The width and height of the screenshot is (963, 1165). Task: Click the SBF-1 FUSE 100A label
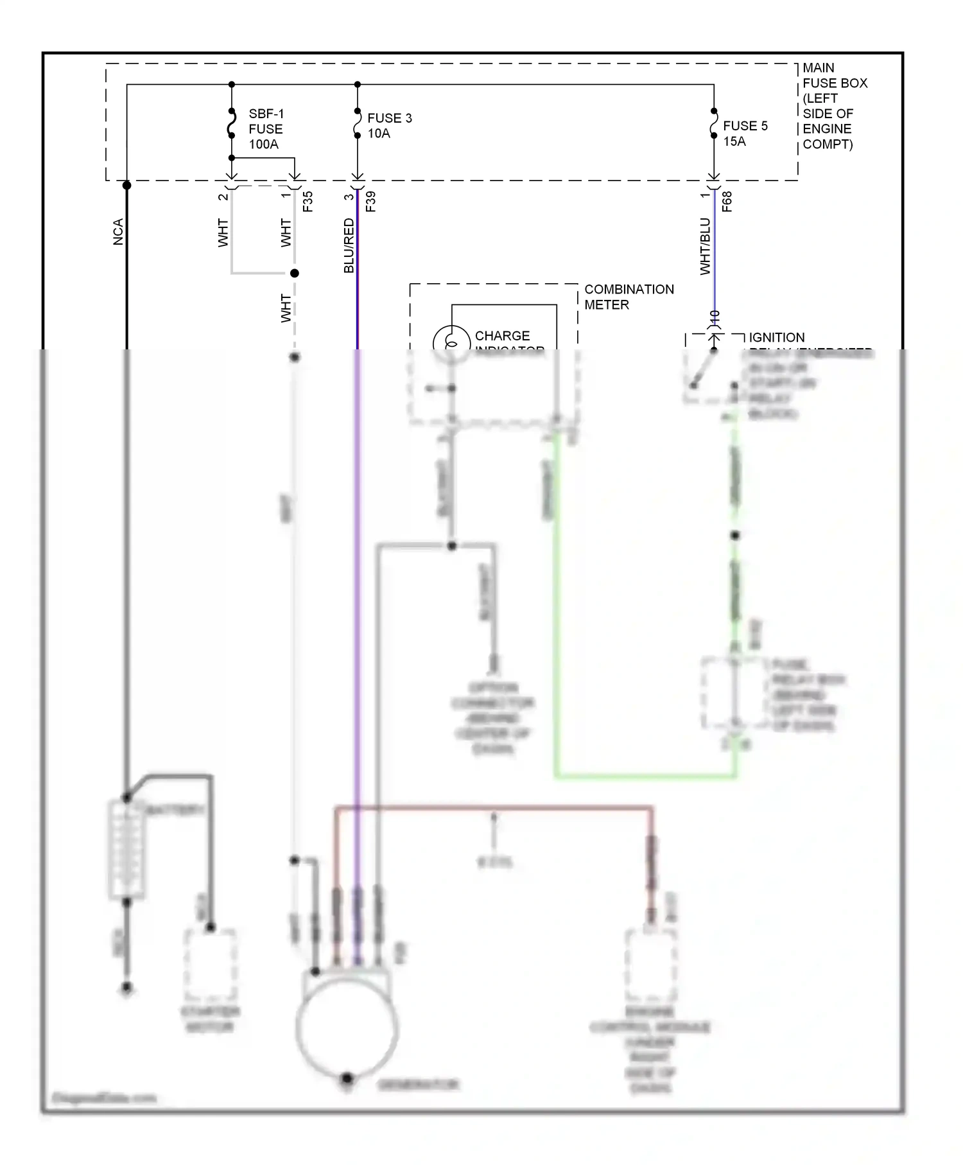(265, 129)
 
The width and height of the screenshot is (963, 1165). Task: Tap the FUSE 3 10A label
(389, 125)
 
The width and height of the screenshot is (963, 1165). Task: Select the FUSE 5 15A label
(745, 134)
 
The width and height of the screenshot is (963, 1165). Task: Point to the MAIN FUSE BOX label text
(834, 106)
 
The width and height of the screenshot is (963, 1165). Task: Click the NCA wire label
(118, 232)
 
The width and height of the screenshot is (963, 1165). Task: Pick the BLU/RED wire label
(349, 245)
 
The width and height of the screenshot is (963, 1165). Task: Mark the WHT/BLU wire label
(705, 247)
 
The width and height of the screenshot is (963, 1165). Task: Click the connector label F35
(308, 201)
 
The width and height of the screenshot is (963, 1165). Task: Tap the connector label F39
(370, 201)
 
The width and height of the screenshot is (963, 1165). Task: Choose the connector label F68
(727, 201)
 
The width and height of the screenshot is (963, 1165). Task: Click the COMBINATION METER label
(628, 297)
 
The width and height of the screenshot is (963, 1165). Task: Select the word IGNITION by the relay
(776, 338)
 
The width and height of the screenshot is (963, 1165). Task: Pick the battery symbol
(126, 849)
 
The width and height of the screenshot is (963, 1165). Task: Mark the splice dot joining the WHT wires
(295, 274)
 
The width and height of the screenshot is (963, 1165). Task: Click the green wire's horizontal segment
(645, 777)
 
